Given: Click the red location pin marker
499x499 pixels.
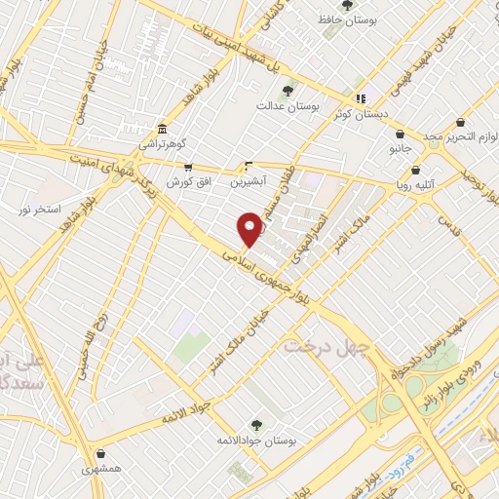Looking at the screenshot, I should coord(249,228).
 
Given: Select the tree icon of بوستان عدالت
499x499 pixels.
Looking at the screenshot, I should coord(286,91).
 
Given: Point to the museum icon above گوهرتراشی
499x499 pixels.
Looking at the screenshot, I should coord(163,129).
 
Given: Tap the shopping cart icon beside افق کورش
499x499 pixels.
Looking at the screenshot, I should coord(187,168).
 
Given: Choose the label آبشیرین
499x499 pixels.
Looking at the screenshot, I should coord(249,181).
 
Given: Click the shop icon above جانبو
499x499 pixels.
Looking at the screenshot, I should coord(400,134).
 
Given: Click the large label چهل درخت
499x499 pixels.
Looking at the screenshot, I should coord(326,346).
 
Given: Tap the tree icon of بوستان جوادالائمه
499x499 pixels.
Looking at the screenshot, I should coord(256,425).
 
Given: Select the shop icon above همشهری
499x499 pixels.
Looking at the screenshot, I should coord(101,453).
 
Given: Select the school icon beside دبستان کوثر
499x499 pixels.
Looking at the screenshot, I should coord(361,97).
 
